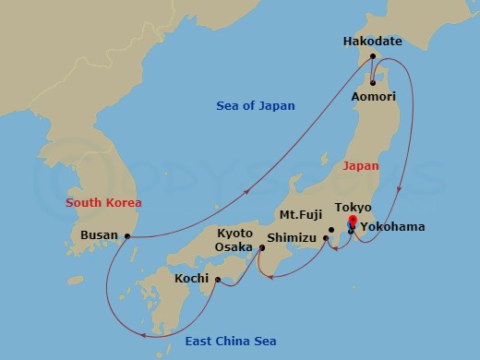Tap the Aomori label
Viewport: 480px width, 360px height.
coord(375,96)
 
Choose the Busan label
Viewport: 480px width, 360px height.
coord(99,235)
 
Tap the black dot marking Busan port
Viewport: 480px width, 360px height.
coord(126,236)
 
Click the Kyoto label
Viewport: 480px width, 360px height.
coord(235,233)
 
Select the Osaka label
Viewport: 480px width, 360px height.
coord(235,247)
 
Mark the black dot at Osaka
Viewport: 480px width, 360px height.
coord(260,246)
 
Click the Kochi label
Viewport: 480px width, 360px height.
coord(193,277)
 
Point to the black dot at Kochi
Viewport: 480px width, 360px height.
coord(218,279)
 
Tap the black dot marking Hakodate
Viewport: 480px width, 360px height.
coord(371,55)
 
